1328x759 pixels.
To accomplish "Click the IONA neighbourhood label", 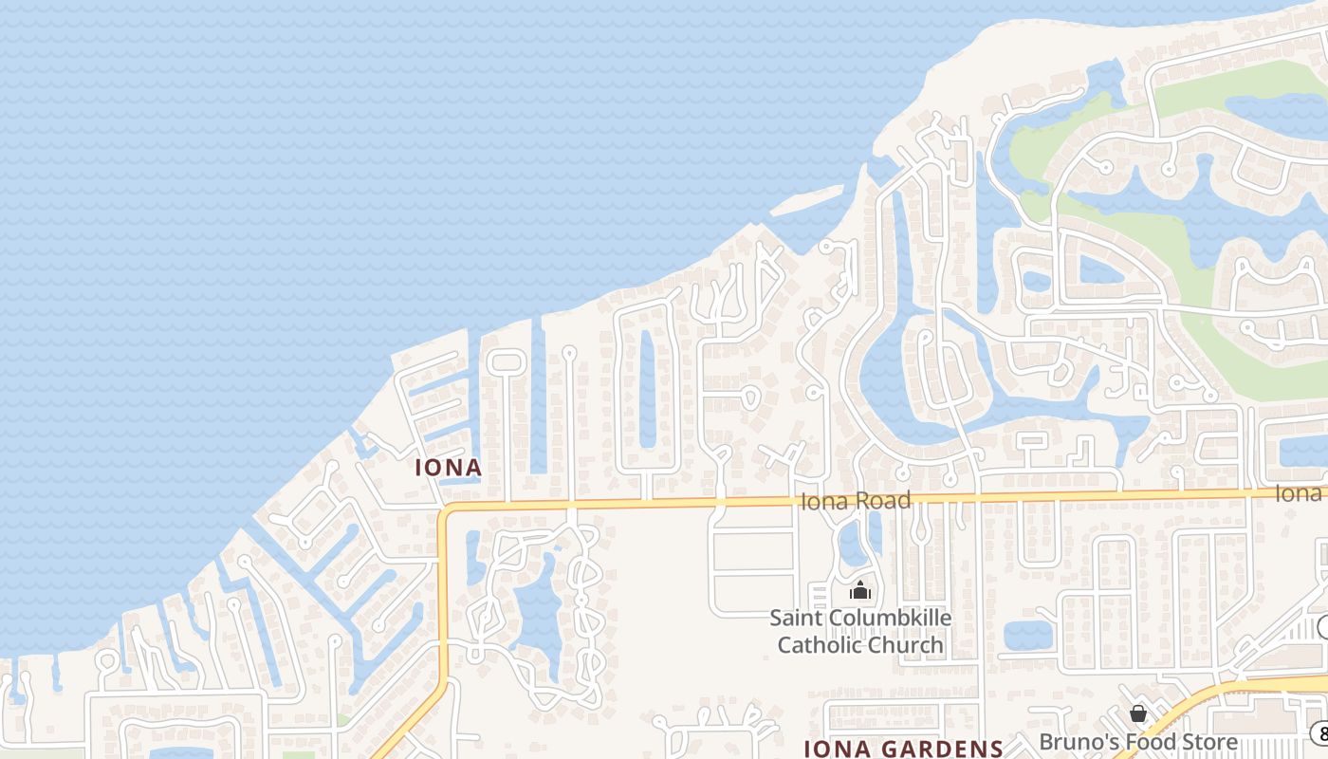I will (449, 467).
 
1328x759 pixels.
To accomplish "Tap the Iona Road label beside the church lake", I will (856, 501).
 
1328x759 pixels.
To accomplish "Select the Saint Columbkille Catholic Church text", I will (860, 632).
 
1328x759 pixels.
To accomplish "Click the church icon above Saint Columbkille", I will (860, 591).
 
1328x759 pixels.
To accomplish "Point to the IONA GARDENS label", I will (903, 749).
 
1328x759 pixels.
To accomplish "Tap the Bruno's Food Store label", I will (1138, 742).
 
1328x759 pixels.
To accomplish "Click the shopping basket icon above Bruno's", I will (1138, 713).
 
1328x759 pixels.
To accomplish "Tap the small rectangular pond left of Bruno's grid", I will (1027, 636).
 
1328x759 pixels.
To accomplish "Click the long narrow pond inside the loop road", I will (648, 389).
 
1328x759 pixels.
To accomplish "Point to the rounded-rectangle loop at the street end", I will (507, 361).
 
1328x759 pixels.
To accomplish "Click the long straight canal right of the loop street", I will (538, 398).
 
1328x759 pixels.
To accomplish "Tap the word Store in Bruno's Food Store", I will (1206, 742).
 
